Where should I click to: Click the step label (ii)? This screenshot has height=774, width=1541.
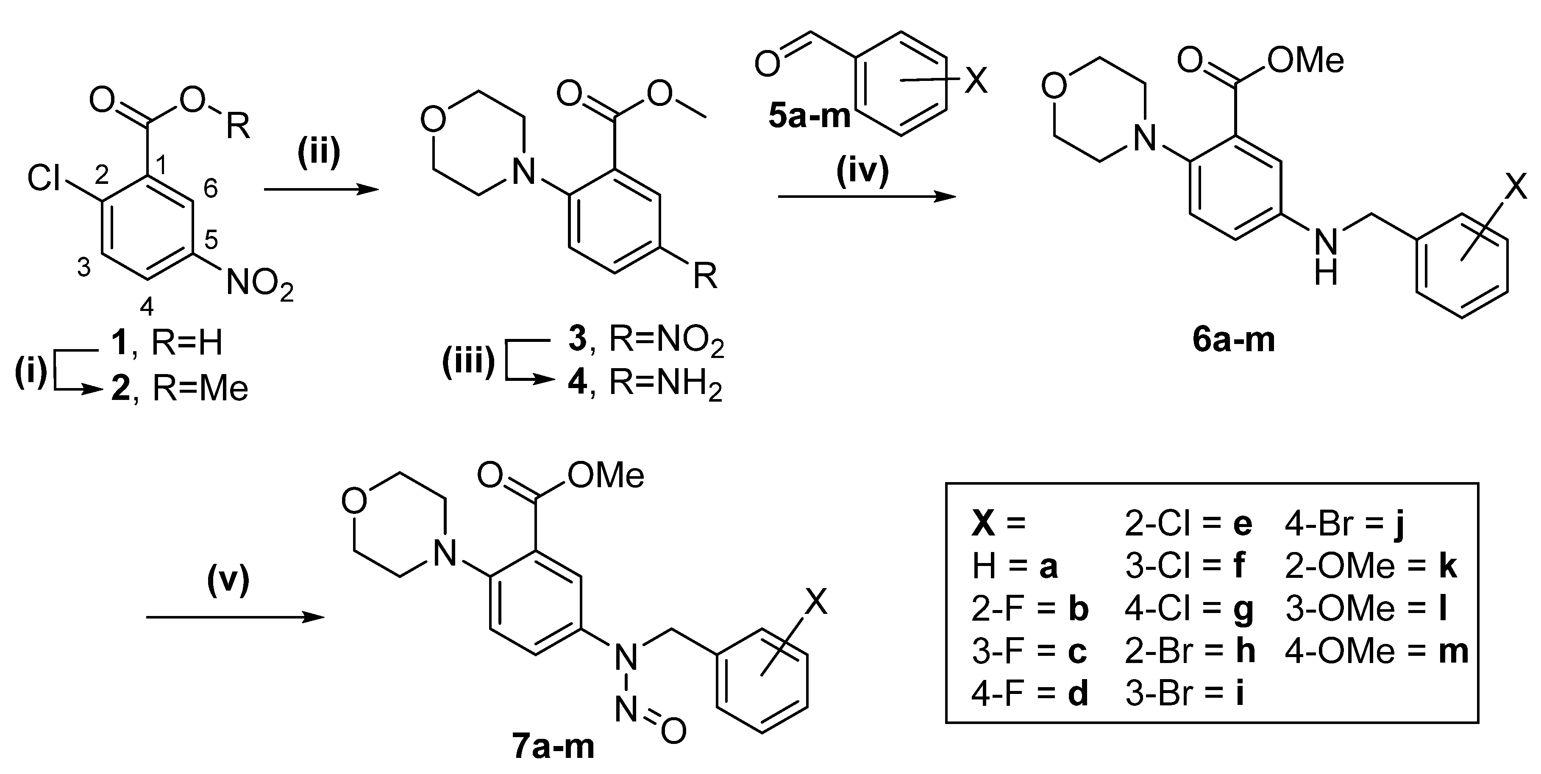[x=319, y=153]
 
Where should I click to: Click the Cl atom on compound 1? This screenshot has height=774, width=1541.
[x=45, y=178]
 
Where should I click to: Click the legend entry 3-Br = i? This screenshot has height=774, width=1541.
[x=1185, y=694]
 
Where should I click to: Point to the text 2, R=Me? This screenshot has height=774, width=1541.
[x=179, y=389]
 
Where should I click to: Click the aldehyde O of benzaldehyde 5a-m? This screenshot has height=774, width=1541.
[x=768, y=64]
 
